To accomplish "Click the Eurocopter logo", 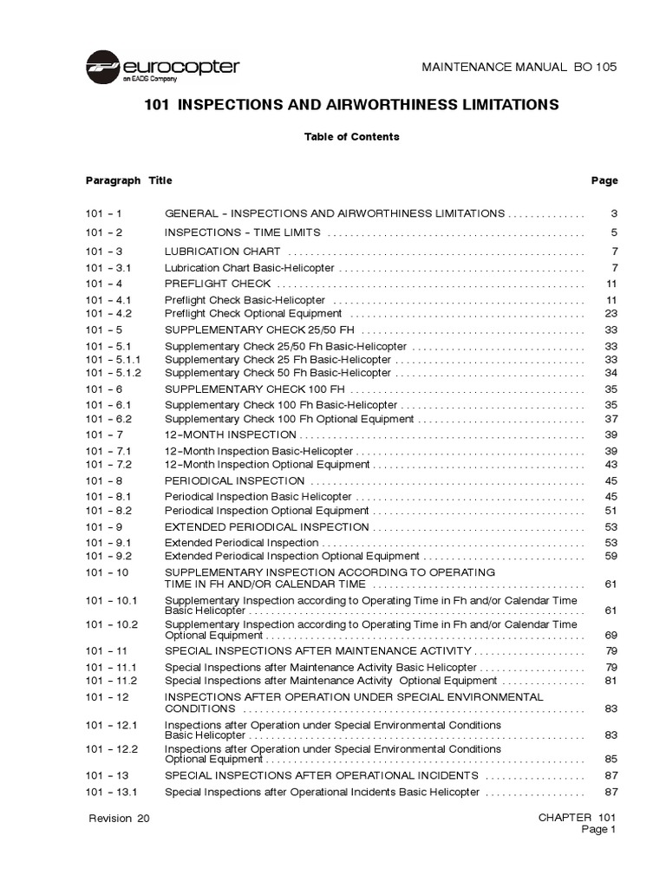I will click(162, 68).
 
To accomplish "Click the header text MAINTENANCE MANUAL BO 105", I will click(530, 68).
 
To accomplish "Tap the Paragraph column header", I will click(113, 180).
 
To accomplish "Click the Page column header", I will click(604, 180).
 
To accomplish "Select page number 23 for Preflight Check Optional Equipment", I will click(610, 314).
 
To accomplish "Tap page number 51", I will click(610, 511).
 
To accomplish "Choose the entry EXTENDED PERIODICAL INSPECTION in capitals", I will click(267, 527).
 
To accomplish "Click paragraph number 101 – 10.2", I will click(112, 624).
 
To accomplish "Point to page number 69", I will click(610, 636).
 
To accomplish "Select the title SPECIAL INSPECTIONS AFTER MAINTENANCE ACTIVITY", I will click(318, 650).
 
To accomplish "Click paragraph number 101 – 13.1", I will click(112, 792).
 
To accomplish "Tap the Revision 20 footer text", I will click(119, 818).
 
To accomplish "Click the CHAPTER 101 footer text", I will click(577, 818).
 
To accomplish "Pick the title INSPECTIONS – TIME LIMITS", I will click(243, 232).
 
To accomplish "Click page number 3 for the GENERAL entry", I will click(613, 213).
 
